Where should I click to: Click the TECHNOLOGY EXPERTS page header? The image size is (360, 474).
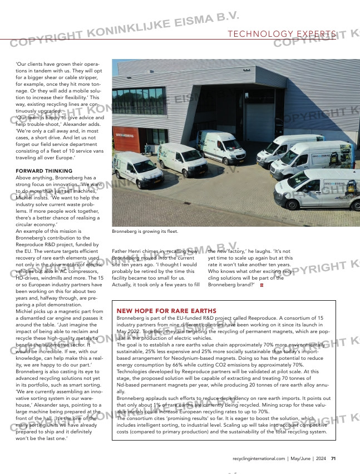(x=282, y=35)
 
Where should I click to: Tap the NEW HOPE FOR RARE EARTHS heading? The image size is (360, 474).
(x=166, y=310)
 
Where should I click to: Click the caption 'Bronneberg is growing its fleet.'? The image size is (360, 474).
(x=145, y=231)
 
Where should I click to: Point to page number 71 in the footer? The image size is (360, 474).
(x=333, y=458)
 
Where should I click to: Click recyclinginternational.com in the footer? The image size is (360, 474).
(x=258, y=458)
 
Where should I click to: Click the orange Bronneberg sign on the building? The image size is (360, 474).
(x=125, y=134)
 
